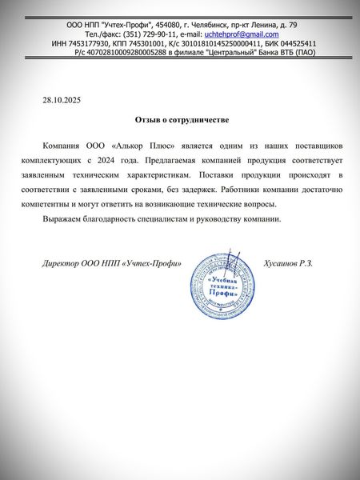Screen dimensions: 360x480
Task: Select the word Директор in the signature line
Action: tap(60, 263)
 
